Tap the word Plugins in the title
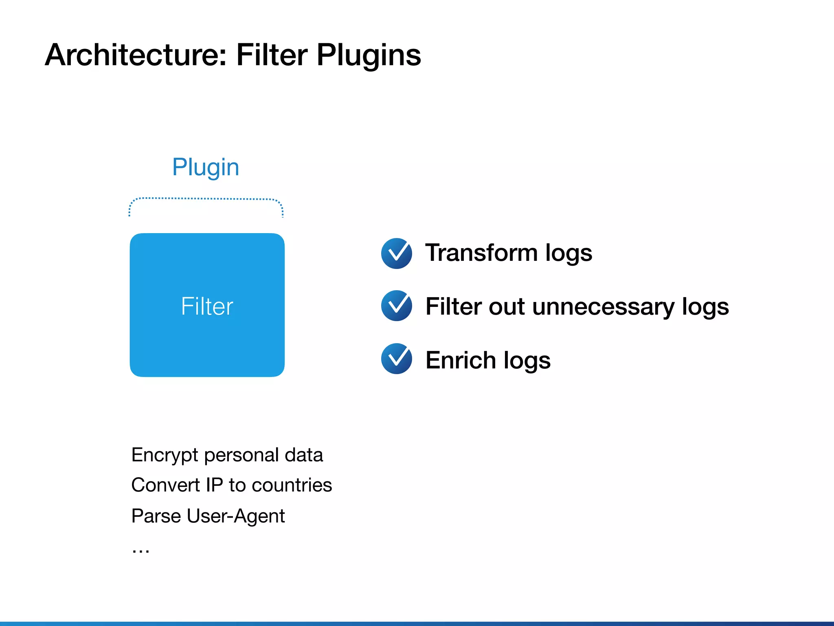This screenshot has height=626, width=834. [369, 55]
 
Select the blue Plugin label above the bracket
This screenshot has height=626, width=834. [206, 167]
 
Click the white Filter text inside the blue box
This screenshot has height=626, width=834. [207, 306]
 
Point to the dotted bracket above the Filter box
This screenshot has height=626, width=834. [206, 199]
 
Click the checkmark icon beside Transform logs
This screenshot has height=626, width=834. [397, 253]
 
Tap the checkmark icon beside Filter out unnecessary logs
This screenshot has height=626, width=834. [397, 306]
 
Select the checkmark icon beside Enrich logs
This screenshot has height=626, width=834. [397, 359]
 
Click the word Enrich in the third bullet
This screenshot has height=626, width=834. [461, 360]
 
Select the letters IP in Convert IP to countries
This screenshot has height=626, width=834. [214, 485]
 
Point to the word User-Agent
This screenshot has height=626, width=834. [236, 516]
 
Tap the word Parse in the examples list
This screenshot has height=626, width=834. [156, 516]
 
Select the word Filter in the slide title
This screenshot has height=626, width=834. [272, 55]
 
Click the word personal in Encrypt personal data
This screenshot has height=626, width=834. [241, 455]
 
